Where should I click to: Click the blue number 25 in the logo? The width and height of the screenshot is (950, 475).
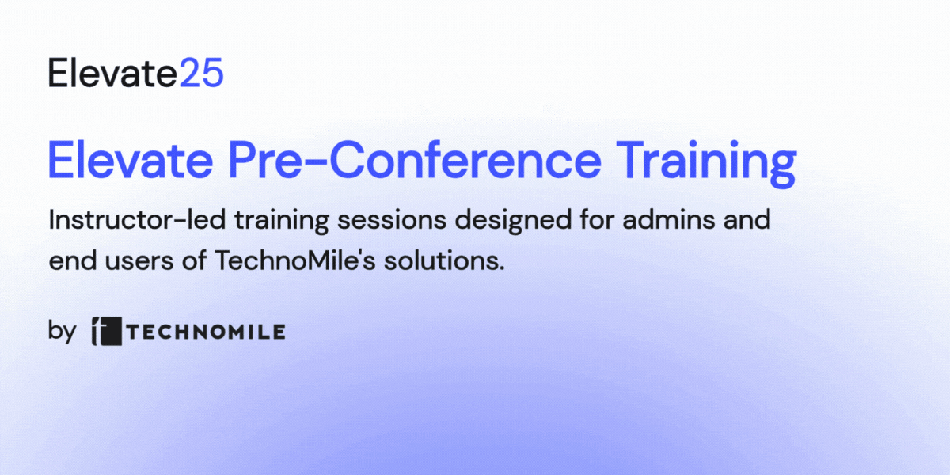coord(201,73)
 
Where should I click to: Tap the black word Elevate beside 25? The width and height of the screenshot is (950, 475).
coord(112,73)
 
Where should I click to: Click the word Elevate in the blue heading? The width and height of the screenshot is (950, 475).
coord(131,160)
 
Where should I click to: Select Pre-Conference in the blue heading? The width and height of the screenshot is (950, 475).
coord(415,160)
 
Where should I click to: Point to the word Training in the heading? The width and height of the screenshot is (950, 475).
coord(706,164)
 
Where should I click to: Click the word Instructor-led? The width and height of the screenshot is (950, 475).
coord(137,220)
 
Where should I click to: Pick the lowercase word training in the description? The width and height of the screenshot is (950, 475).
coord(282,222)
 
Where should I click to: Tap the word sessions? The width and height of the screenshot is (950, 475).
coord(392,221)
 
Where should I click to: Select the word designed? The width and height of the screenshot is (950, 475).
coord(514,222)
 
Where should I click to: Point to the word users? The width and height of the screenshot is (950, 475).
coord(139,261)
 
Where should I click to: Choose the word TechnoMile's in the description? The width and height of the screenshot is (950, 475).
coord(295,260)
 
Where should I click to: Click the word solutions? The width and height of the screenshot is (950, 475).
coord(444,260)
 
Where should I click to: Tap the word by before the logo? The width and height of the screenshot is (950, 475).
coord(62,332)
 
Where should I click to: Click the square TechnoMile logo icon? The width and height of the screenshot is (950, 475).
coord(107,331)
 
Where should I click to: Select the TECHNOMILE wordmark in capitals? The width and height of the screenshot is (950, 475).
coord(206,332)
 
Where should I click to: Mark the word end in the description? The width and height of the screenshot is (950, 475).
coord(73,260)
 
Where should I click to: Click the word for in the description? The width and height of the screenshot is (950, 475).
coord(597,220)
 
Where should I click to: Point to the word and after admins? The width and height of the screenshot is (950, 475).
coord(747,220)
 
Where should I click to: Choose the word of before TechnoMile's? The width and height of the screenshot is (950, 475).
coord(194,260)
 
